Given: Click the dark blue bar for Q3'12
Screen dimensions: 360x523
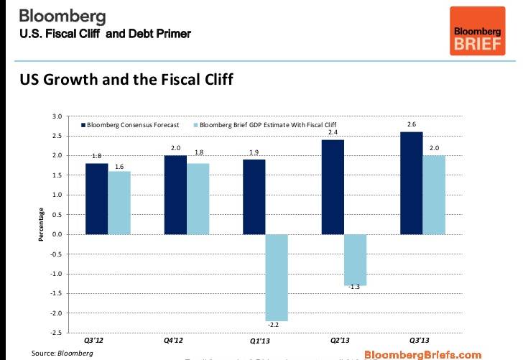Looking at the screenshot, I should pos(96,198).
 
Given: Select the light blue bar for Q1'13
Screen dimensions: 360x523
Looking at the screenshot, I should pos(276,277).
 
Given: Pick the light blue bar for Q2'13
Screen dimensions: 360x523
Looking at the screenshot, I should pos(355,259).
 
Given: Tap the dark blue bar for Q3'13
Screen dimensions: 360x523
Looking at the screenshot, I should pos(411,183).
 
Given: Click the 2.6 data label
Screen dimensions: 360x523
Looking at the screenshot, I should pos(411,125).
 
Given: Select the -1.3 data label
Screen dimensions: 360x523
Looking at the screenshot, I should pos(355,287).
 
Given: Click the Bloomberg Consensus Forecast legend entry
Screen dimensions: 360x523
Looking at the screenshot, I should pos(132,125).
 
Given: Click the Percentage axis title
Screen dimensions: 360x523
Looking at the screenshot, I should pos(42,224).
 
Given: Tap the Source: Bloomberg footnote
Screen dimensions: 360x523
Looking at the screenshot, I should pos(62,353).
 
